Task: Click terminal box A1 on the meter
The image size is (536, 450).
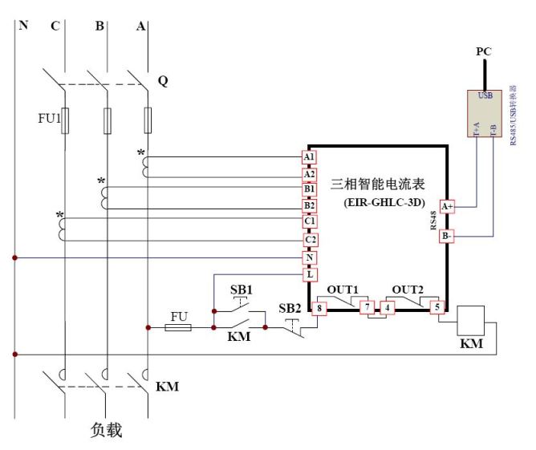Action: pyautogui.click(x=309, y=156)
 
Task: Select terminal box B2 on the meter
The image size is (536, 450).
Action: pyautogui.click(x=309, y=205)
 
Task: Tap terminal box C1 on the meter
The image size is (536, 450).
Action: pyautogui.click(x=309, y=221)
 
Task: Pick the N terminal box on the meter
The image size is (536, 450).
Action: pyautogui.click(x=309, y=258)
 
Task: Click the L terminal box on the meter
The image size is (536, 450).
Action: pyautogui.click(x=309, y=275)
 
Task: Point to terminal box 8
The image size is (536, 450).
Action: pyautogui.click(x=319, y=306)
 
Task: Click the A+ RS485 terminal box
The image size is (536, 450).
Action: pyautogui.click(x=447, y=206)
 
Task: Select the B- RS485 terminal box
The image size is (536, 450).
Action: pyautogui.click(x=447, y=237)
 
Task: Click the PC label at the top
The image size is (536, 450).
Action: pyautogui.click(x=483, y=51)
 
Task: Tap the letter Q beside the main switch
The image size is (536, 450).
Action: pyautogui.click(x=163, y=82)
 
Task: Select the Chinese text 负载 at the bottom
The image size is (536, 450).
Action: pyautogui.click(x=104, y=430)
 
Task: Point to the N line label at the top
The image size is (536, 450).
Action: pyautogui.click(x=23, y=25)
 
